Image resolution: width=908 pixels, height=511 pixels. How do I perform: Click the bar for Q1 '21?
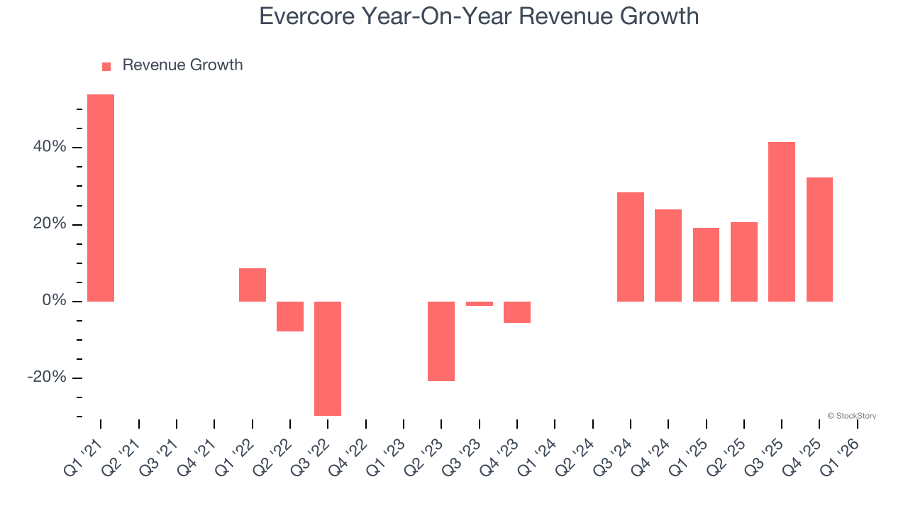pyautogui.click(x=101, y=198)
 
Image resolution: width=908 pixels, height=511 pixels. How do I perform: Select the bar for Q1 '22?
pyautogui.click(x=253, y=285)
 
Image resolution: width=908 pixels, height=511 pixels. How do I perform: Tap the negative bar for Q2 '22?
pyautogui.click(x=290, y=317)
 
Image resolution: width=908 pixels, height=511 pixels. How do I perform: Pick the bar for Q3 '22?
pyautogui.click(x=328, y=358)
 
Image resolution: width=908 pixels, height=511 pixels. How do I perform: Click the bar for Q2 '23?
pyautogui.click(x=441, y=341)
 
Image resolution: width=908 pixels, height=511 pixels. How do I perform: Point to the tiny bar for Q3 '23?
pyautogui.click(x=480, y=304)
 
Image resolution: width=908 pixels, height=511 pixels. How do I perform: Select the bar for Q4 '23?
pyautogui.click(x=517, y=312)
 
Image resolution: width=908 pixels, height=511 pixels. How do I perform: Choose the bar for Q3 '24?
pyautogui.click(x=631, y=247)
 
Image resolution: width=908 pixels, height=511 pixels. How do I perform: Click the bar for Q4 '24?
pyautogui.click(x=668, y=255)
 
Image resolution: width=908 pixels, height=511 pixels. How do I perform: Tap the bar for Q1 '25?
pyautogui.click(x=706, y=265)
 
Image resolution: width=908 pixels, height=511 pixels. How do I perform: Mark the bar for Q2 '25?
pyautogui.click(x=744, y=262)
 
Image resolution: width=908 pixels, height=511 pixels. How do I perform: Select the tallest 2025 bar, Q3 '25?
pyautogui.click(x=782, y=221)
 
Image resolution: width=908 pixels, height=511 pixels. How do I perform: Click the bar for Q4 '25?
pyautogui.click(x=819, y=239)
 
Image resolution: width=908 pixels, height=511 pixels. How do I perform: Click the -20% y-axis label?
pyautogui.click(x=46, y=377)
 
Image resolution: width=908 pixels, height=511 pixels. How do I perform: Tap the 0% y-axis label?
pyautogui.click(x=53, y=301)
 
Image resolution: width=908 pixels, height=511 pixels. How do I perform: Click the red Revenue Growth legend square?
pyautogui.click(x=106, y=66)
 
